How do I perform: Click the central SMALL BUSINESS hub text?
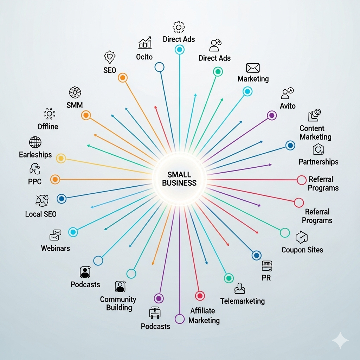pyautogui.click(x=179, y=179)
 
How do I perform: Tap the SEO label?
pyautogui.click(x=110, y=70)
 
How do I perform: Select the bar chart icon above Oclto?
pyautogui.click(x=145, y=43)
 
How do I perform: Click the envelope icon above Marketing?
pyautogui.click(x=253, y=68)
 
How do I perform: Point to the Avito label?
pyautogui.click(x=288, y=106)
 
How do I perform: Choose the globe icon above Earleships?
pyautogui.click(x=35, y=142)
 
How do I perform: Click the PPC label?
pyautogui.click(x=35, y=182)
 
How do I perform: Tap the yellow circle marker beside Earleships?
pyautogui.click(x=61, y=159)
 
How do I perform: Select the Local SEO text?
pyautogui.click(x=41, y=214)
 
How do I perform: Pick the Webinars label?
pyautogui.click(x=56, y=248)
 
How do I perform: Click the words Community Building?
pyautogui.click(x=118, y=303)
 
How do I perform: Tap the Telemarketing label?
pyautogui.click(x=243, y=301)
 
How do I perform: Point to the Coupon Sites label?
pyautogui.click(x=302, y=250)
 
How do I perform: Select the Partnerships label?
pyautogui.click(x=319, y=162)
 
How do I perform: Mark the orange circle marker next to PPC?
pyautogui.click(x=55, y=179)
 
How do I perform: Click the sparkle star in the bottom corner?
pyautogui.click(x=340, y=340)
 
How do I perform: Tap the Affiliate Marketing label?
pyautogui.click(x=204, y=315)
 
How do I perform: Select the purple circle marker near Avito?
pyautogui.click(x=272, y=115)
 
